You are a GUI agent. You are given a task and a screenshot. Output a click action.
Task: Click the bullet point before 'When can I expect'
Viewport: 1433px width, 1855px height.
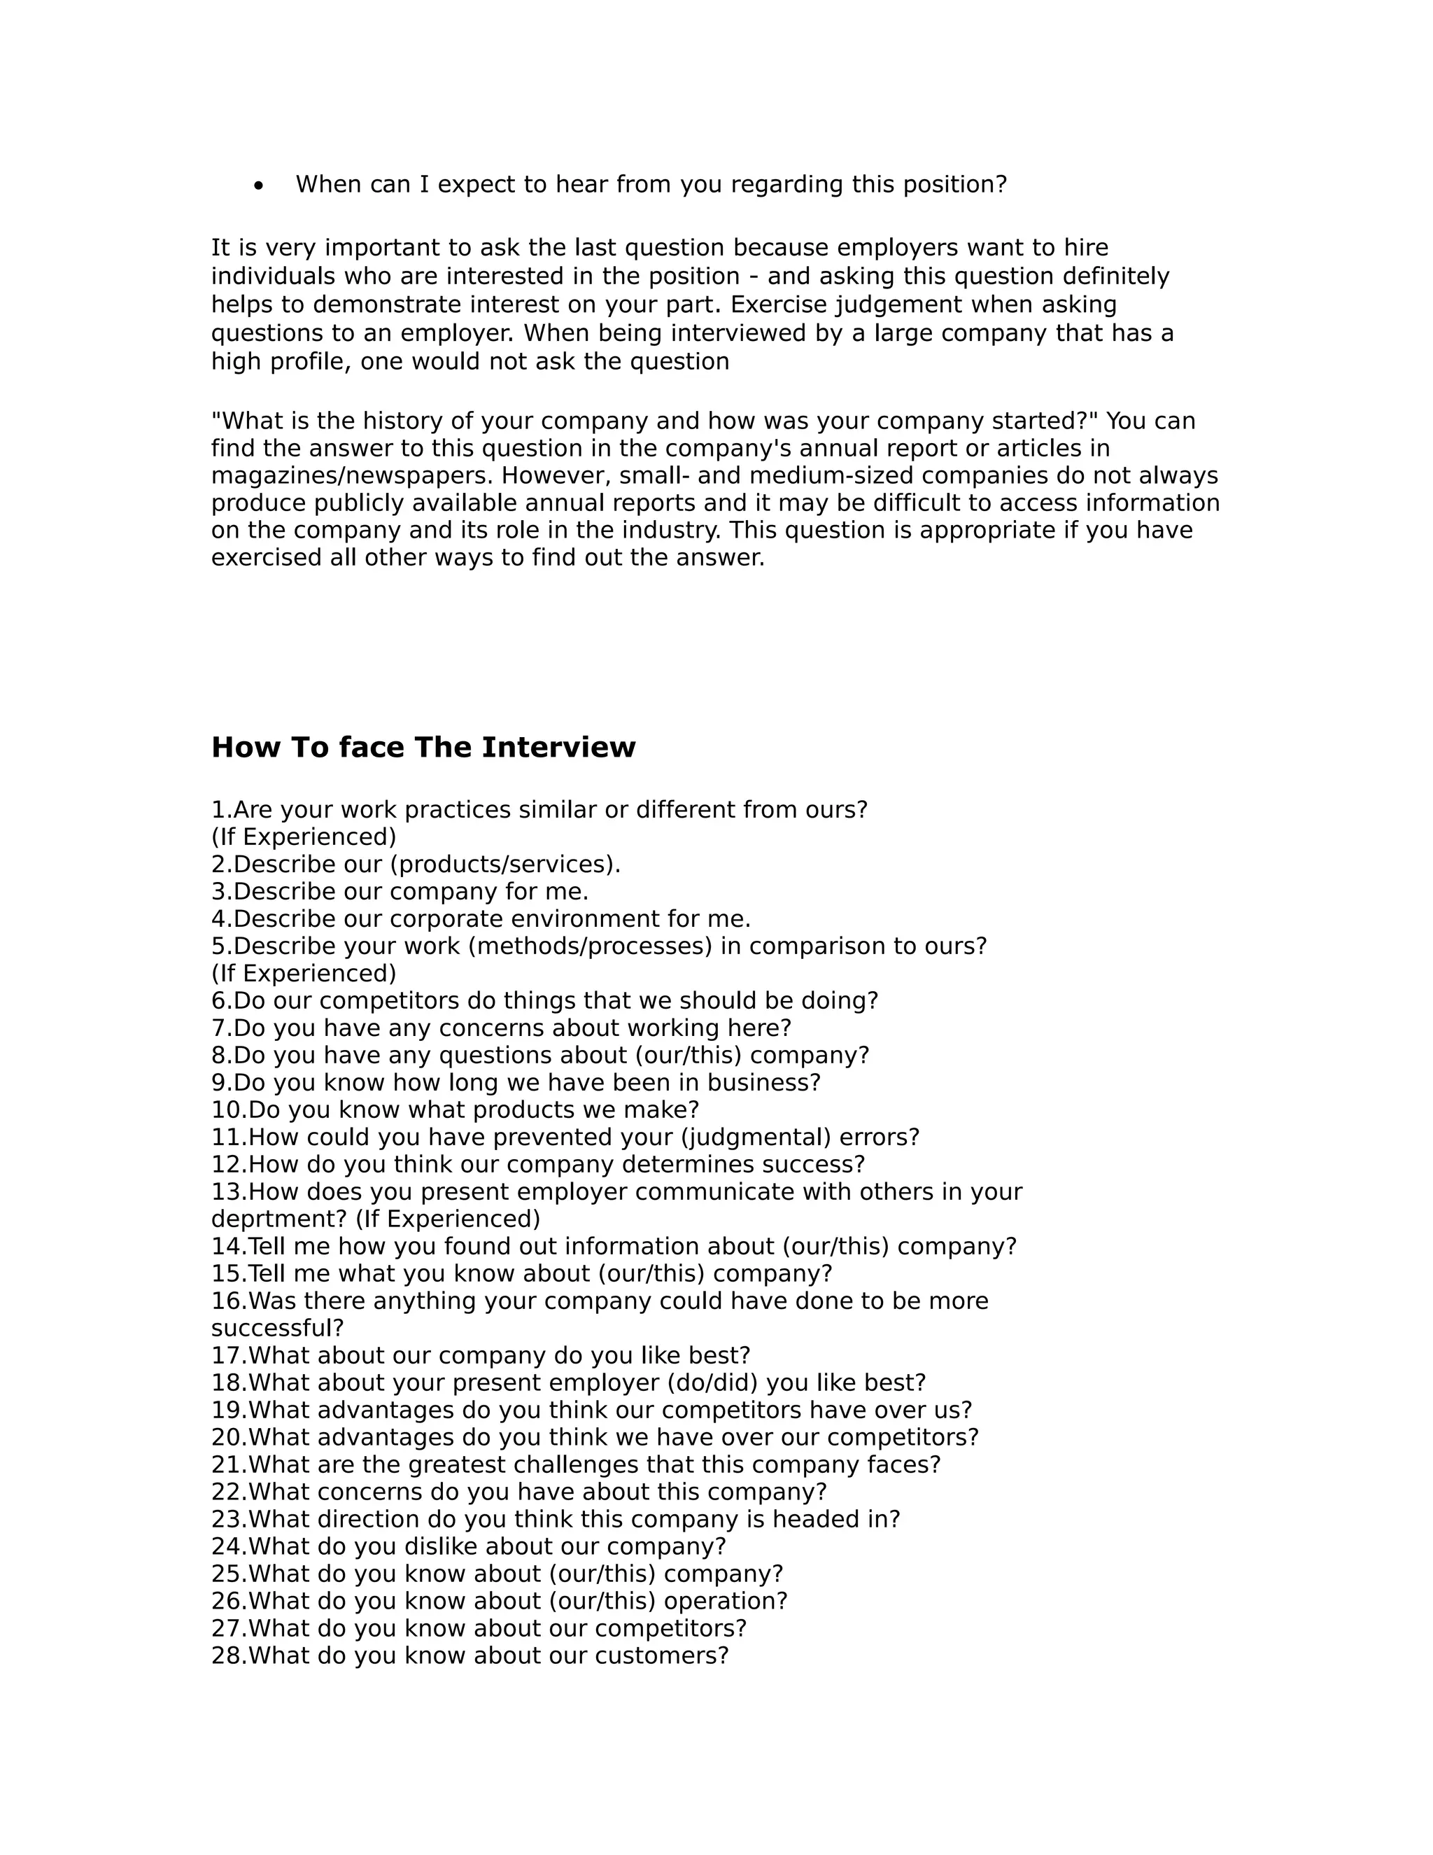coord(259,186)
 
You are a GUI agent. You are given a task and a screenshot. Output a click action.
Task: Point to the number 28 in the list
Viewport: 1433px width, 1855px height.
coord(227,1656)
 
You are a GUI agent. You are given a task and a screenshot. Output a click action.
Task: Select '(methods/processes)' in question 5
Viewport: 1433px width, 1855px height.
coord(590,946)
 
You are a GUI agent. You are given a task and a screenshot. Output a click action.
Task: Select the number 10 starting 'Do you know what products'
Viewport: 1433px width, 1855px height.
coord(227,1110)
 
